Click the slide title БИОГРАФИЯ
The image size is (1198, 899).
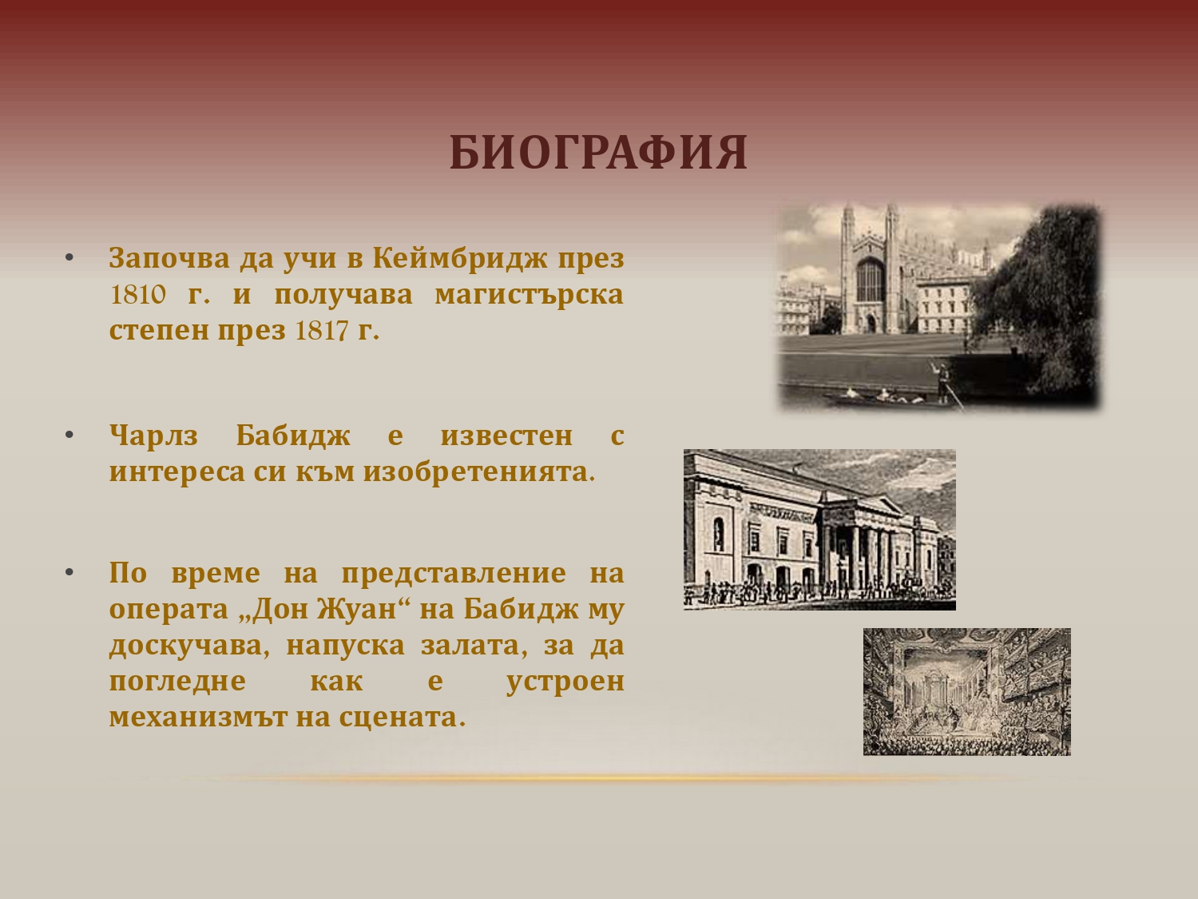tap(598, 153)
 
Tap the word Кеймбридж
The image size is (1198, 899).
tap(459, 258)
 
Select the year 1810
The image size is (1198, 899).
tap(137, 295)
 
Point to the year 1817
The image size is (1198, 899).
tap(322, 331)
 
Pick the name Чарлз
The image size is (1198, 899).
tap(153, 436)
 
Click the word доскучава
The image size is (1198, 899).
tap(189, 646)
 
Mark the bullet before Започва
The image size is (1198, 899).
tap(69, 258)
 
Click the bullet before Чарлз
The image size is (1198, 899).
tap(69, 435)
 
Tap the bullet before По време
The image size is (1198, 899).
tap(69, 573)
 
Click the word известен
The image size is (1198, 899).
tap(506, 436)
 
